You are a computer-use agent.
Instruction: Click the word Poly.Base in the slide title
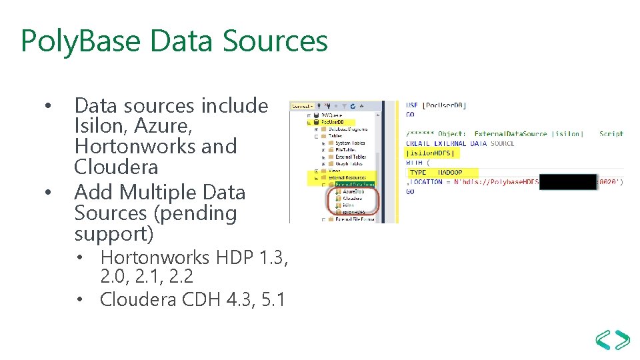click(x=80, y=41)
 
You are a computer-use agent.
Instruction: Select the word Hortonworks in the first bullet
click(x=155, y=146)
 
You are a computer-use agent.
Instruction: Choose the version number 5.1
click(x=272, y=299)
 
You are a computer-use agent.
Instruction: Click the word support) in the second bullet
click(x=113, y=234)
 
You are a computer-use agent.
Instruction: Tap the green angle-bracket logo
click(x=613, y=339)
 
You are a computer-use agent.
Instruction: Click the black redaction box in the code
click(x=567, y=181)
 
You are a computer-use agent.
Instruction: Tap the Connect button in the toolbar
click(x=302, y=105)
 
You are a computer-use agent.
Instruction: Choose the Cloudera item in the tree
click(x=353, y=198)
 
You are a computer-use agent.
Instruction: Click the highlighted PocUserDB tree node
click(x=333, y=122)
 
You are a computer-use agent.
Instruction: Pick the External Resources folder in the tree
click(x=347, y=177)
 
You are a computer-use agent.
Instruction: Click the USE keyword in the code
click(x=412, y=105)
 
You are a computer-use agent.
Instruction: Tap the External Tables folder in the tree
click(x=350, y=157)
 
